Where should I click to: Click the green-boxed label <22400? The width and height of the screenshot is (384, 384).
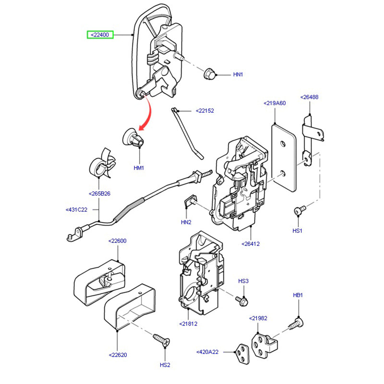[99, 35]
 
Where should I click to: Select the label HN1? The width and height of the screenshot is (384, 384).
[239, 75]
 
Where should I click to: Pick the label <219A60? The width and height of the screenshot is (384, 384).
[274, 103]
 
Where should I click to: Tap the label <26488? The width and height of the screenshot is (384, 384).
[309, 97]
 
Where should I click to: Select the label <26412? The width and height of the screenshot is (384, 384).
[251, 244]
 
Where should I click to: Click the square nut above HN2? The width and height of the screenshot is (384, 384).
[191, 201]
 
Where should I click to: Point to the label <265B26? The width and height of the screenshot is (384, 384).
[99, 194]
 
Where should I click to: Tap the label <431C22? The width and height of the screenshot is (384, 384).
[76, 210]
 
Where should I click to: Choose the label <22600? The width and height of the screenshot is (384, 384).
[117, 241]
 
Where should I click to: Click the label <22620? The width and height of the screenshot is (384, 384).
[117, 355]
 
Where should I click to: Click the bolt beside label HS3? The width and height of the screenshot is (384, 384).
[241, 300]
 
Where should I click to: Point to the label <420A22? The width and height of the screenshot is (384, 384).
[207, 352]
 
